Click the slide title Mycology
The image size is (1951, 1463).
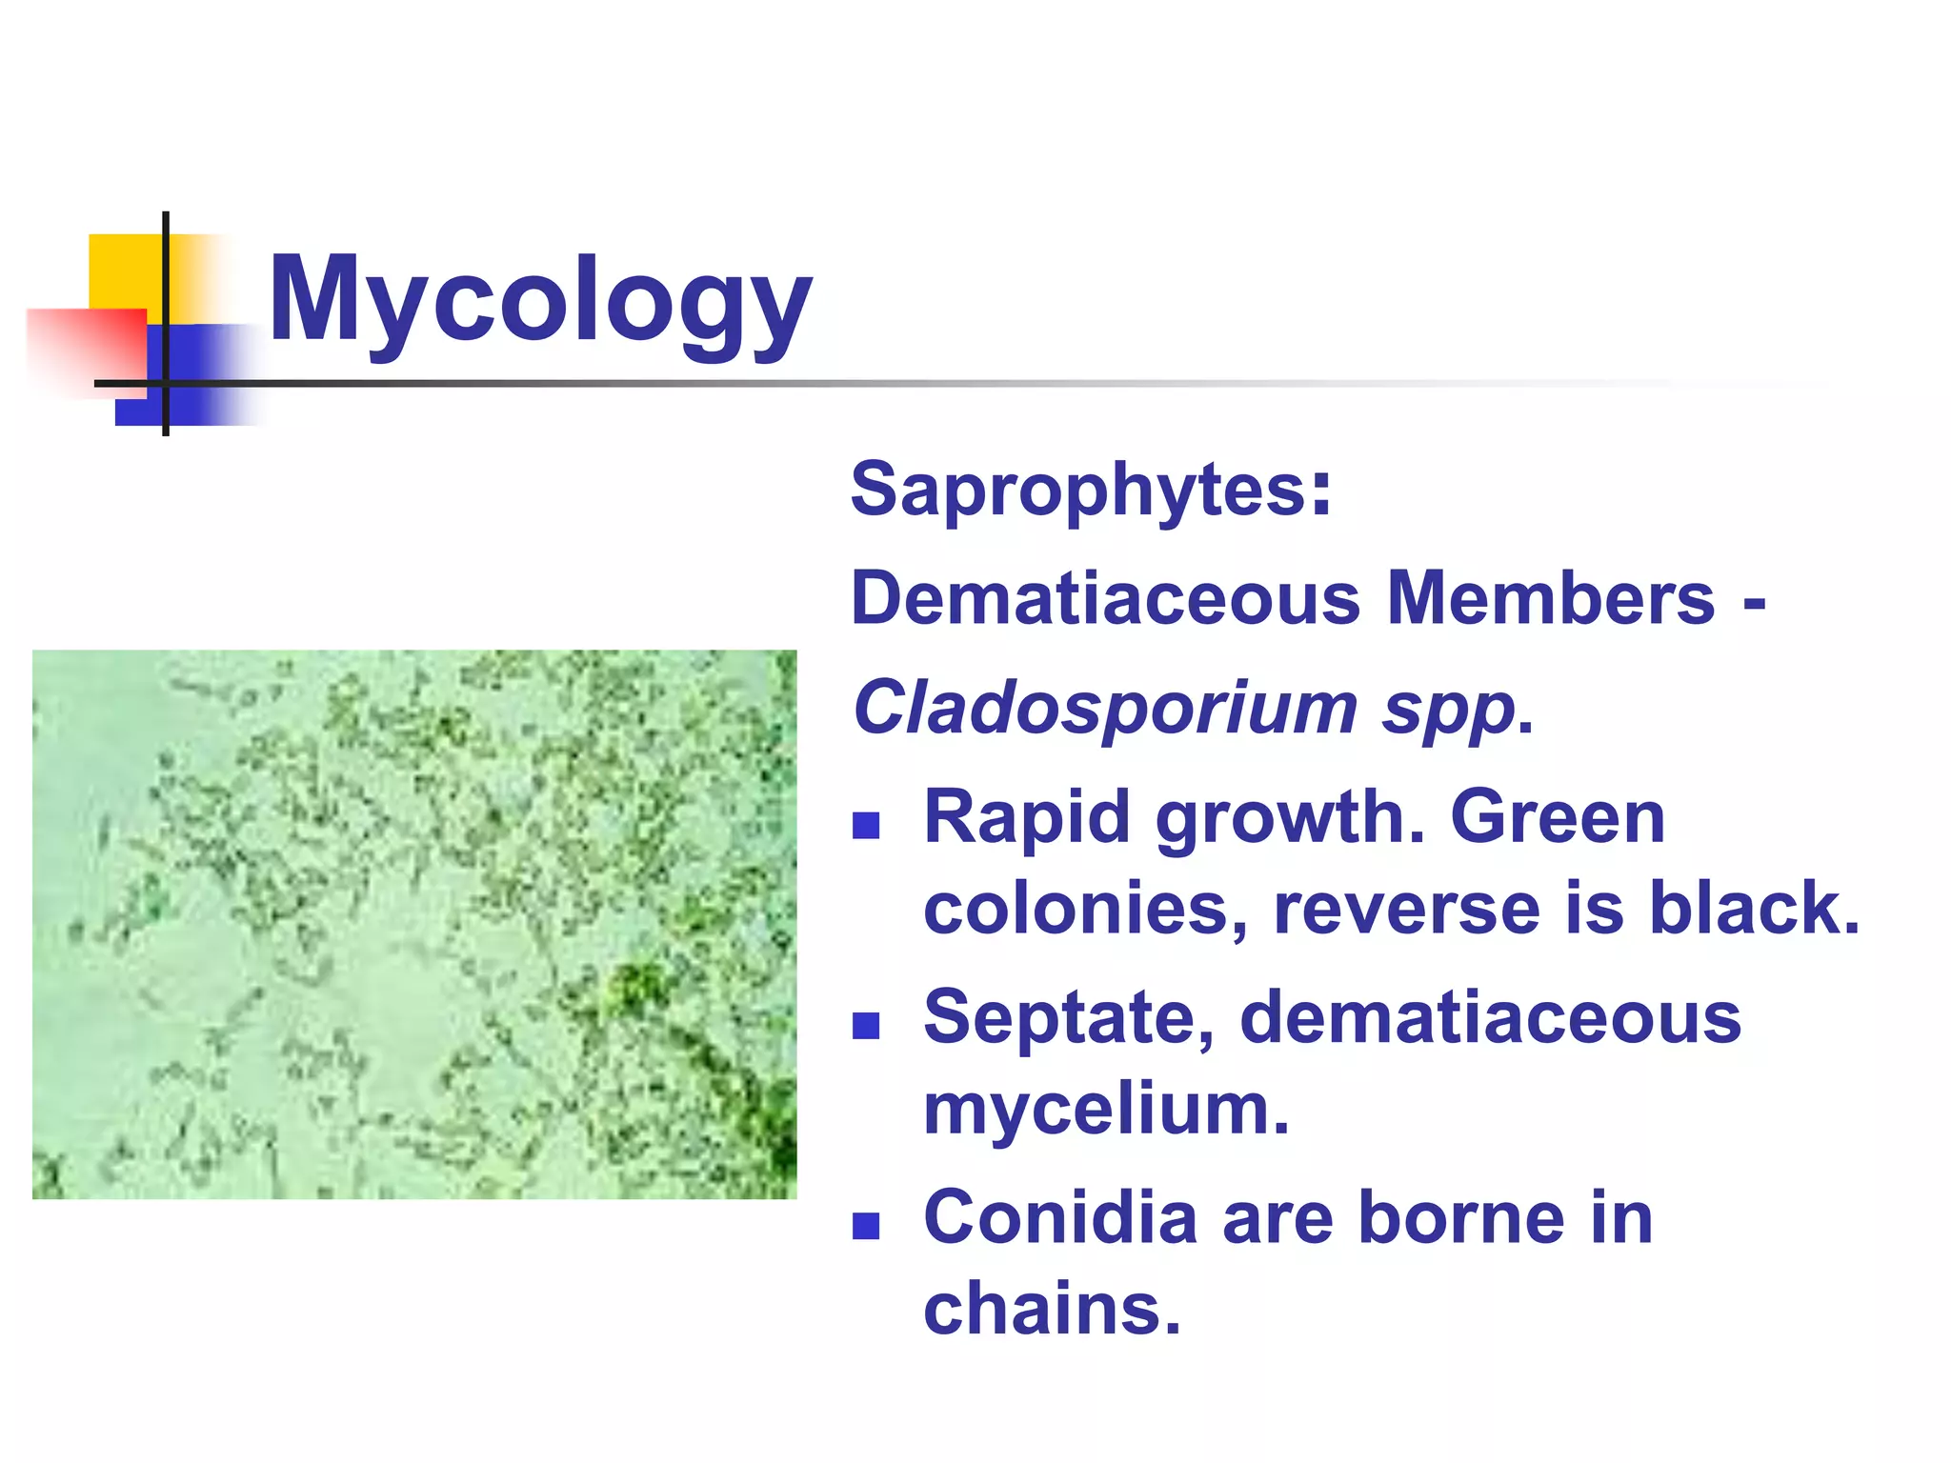540,300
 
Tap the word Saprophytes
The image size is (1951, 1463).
1081,490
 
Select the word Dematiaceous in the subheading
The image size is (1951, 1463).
1105,598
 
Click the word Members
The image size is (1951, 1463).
1551,598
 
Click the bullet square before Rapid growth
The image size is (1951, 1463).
865,825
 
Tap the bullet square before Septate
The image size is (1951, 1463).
865,1026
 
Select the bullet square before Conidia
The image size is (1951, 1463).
865,1226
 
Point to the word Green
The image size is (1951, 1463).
1557,817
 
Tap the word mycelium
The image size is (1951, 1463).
1105,1110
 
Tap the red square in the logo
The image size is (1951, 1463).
86,348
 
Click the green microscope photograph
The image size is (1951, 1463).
414,924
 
